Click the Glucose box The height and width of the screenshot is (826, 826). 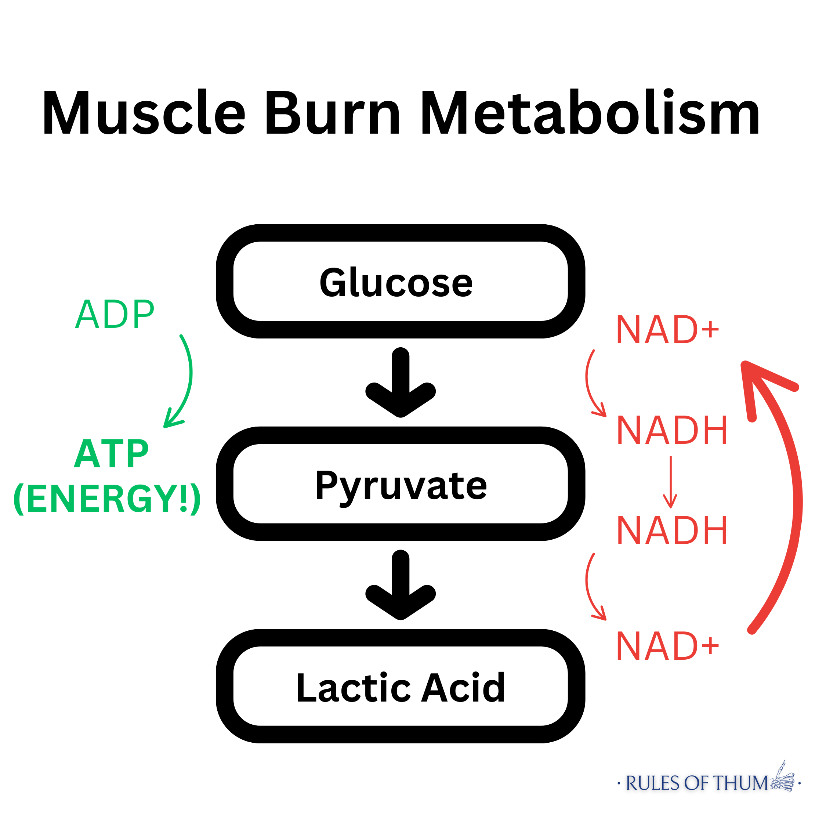400,281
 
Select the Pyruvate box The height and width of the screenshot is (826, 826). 400,483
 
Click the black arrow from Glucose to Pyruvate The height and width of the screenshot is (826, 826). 400,383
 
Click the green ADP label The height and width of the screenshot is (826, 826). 115,314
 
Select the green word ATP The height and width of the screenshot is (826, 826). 111,454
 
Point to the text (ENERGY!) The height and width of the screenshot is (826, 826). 107,499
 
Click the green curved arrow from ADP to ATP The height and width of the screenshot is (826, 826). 188,376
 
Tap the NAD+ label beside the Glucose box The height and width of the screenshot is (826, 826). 667,330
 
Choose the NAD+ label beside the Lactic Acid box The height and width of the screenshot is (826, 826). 667,646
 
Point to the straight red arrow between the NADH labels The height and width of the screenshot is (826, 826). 670,481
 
